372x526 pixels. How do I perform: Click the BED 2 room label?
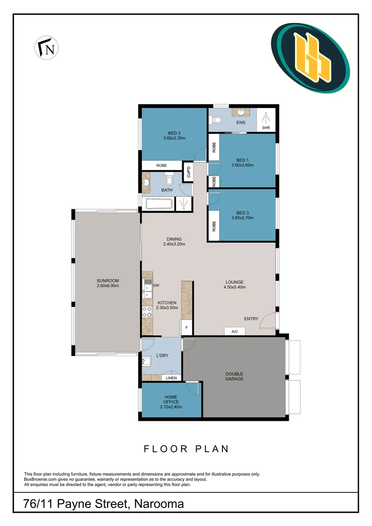pyautogui.click(x=174, y=133)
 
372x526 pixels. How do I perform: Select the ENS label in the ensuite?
pyautogui.click(x=241, y=123)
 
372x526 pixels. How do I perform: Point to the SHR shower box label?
pyautogui.click(x=266, y=128)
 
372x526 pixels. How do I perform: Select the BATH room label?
pyautogui.click(x=167, y=190)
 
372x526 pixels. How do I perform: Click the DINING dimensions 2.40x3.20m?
pyautogui.click(x=174, y=244)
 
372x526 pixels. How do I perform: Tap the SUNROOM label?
pyautogui.click(x=108, y=281)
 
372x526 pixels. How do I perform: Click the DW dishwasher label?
pyautogui.click(x=156, y=285)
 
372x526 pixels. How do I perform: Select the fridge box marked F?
pyautogui.click(x=186, y=328)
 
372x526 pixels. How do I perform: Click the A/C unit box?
pyautogui.click(x=234, y=331)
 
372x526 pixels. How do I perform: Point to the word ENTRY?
pyautogui.click(x=251, y=319)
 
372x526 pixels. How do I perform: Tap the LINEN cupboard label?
pyautogui.click(x=171, y=377)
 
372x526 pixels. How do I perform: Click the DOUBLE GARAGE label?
pyautogui.click(x=234, y=376)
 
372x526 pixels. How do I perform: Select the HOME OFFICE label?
pyautogui.click(x=171, y=399)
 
